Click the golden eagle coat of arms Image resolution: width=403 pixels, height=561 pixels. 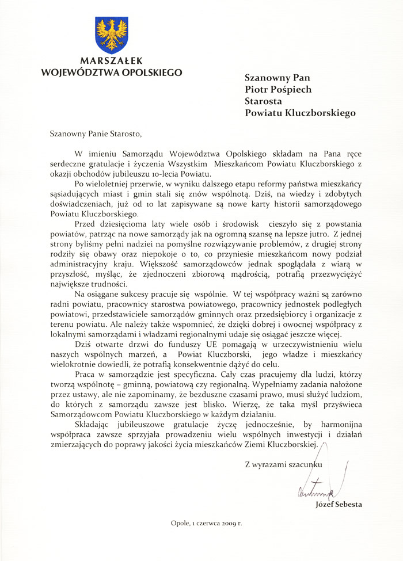(x=111, y=35)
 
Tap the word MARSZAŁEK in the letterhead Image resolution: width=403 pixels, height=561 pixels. (x=111, y=61)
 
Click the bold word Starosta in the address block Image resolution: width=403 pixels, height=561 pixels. (x=263, y=101)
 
